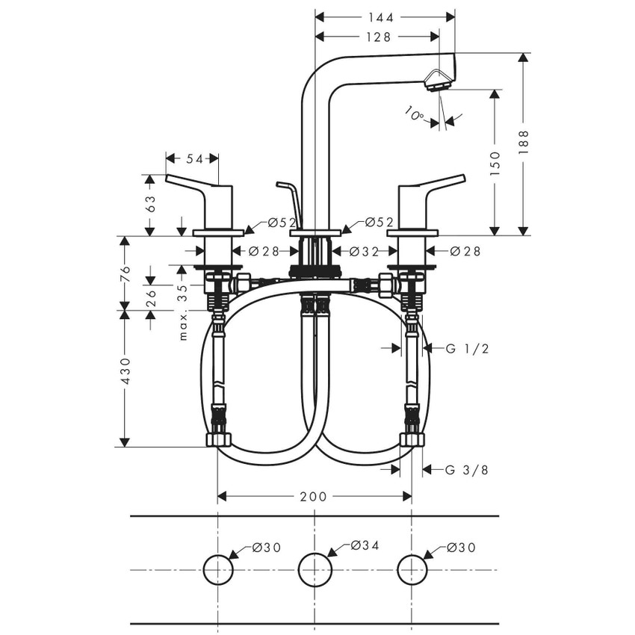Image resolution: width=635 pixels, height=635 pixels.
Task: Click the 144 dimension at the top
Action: pos(385,16)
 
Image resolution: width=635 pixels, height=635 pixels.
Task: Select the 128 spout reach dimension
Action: pos(377,37)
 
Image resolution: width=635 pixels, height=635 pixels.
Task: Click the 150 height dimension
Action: pos(495,162)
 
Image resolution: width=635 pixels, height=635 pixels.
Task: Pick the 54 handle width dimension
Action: pos(194,158)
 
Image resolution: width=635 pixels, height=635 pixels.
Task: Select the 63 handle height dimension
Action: pos(150,204)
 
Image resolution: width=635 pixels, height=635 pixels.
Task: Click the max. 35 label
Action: pos(182,312)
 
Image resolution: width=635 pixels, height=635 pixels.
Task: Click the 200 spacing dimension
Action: pos(314,496)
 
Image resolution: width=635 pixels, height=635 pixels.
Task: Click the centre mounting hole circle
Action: pos(315,571)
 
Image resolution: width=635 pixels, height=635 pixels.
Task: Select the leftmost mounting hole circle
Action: pos(217,571)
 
